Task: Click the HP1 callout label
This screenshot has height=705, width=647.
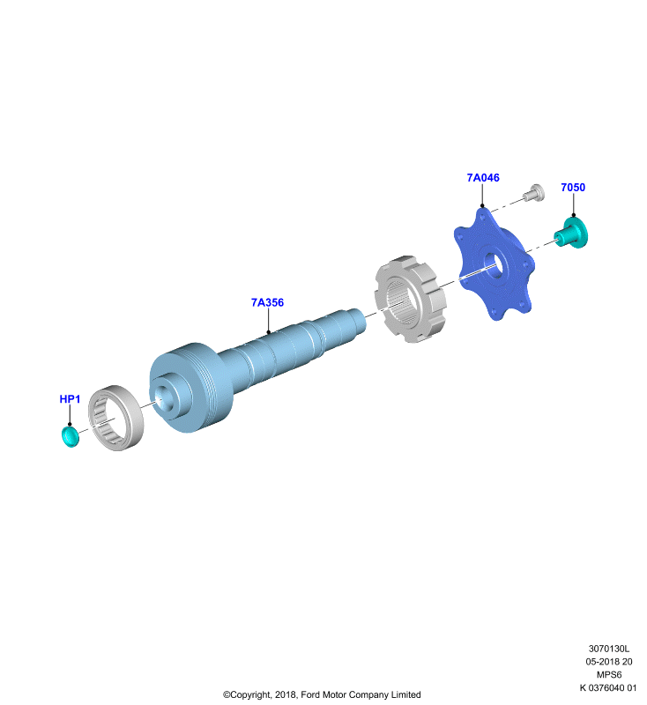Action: (x=70, y=399)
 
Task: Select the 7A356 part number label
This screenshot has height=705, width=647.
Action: (x=267, y=302)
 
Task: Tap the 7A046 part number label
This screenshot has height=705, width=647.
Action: (x=483, y=178)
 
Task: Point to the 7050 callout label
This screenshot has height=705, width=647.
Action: (x=573, y=188)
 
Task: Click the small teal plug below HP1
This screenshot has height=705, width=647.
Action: (x=70, y=437)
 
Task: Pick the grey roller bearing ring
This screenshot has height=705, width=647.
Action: (x=115, y=418)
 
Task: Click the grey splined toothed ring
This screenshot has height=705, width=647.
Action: (x=410, y=299)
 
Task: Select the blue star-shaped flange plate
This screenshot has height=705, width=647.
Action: (x=495, y=263)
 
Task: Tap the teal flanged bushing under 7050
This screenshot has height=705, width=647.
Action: (x=571, y=232)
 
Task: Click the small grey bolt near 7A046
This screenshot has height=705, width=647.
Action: (x=533, y=193)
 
